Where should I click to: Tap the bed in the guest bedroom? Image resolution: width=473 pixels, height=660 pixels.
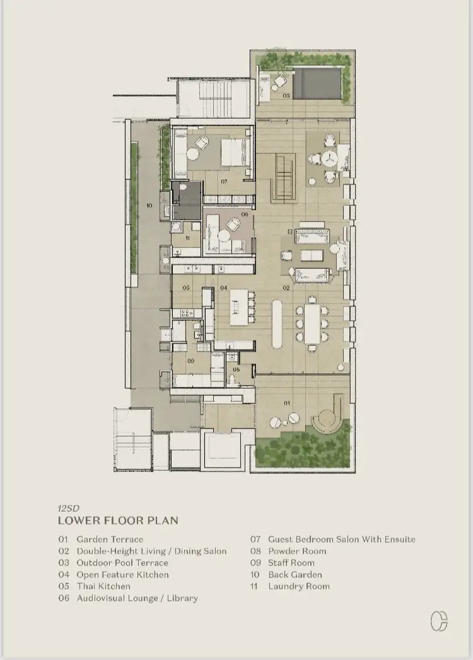233,152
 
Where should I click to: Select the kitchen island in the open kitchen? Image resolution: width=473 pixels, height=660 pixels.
238,307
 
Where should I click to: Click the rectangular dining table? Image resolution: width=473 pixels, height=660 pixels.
312,324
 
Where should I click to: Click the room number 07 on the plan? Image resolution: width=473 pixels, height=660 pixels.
224,182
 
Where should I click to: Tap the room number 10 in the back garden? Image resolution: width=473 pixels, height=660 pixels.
149,206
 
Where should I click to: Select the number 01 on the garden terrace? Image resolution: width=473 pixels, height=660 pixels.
286,403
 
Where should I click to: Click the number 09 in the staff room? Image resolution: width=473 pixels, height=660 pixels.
190,361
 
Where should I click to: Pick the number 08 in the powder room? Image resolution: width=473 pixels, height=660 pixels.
237,370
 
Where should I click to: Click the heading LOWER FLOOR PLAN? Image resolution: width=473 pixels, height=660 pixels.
119,521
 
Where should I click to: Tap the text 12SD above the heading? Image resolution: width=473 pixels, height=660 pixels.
69,508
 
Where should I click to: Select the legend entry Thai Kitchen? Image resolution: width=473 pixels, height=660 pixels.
103,586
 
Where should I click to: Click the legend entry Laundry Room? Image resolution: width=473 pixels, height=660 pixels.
299,586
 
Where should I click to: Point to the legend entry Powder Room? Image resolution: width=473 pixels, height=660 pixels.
297,551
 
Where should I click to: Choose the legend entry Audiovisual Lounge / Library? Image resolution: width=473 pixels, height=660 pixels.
137,598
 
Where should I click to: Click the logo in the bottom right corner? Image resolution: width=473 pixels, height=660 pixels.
439,622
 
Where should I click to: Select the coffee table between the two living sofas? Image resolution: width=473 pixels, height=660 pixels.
311,256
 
